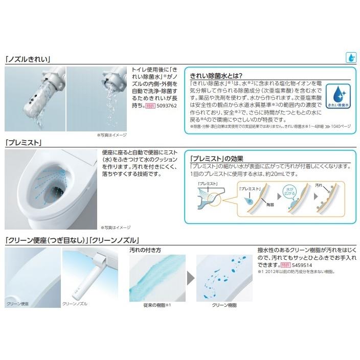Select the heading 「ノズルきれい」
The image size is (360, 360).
click(x=28, y=59)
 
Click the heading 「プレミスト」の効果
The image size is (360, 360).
click(x=216, y=157)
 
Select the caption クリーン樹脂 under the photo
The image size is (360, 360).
click(x=223, y=305)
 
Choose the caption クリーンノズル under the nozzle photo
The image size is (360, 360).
click(x=75, y=303)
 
